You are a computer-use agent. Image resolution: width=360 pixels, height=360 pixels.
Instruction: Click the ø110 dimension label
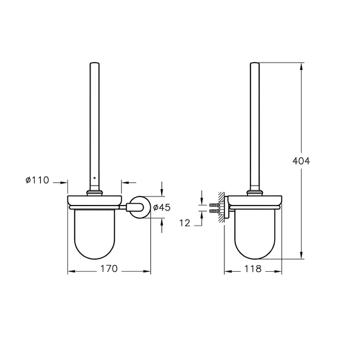[x=38, y=181]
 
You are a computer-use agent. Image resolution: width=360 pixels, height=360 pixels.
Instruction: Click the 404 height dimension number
[x=302, y=161]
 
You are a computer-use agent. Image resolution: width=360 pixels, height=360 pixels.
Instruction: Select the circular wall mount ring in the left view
[x=139, y=207]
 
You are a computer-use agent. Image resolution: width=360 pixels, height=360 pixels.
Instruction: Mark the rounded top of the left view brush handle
[x=94, y=63]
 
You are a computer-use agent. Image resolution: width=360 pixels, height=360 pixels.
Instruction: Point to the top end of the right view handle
[x=255, y=63]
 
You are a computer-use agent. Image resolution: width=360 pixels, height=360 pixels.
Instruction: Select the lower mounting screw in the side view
[x=213, y=211]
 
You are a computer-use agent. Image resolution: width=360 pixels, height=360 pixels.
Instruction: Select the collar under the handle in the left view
[x=94, y=193]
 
